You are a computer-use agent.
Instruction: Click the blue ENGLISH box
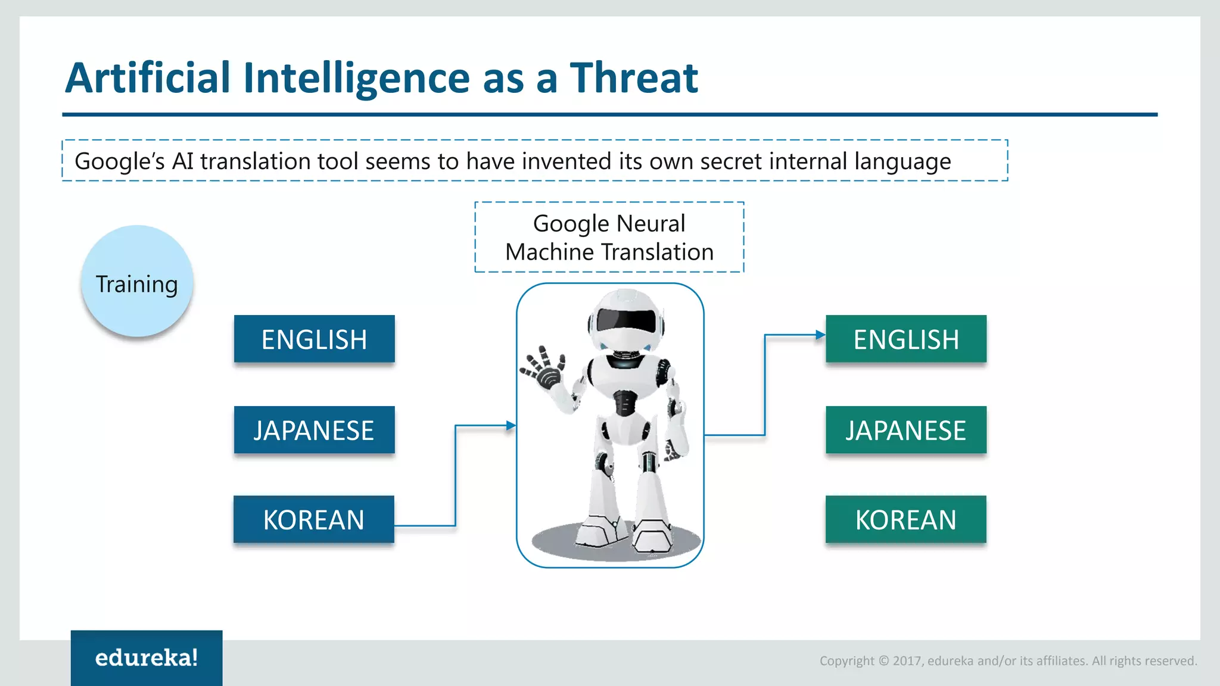click(314, 339)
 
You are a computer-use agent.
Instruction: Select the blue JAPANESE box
click(314, 430)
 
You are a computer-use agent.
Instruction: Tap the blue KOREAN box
click(313, 519)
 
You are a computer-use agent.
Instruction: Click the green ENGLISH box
click(905, 339)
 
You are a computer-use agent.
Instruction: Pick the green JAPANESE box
click(905, 430)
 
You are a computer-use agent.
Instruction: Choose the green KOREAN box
click(905, 519)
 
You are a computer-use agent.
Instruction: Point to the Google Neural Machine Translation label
click(609, 238)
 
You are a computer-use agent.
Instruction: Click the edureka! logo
click(147, 657)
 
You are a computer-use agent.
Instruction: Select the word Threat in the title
click(634, 78)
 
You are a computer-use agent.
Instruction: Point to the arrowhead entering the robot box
click(511, 426)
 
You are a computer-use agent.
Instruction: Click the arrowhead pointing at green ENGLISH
click(820, 335)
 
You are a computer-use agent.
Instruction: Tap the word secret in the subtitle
click(731, 161)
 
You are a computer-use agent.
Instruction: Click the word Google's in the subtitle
click(119, 161)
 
